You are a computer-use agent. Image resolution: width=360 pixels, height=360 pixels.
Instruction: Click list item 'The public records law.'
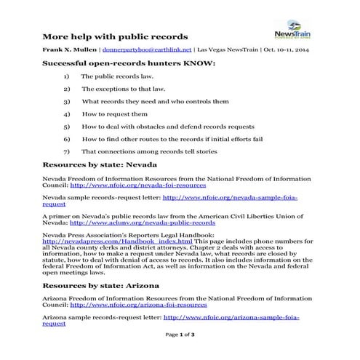pos(112,76)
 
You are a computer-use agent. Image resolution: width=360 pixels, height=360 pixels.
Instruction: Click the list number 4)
pos(67,113)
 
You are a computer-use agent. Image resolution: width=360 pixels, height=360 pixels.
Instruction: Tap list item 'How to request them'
pos(114,113)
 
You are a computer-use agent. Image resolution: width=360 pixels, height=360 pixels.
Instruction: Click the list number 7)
pos(67,151)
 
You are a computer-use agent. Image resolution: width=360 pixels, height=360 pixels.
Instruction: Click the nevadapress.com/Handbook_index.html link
pos(97,242)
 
